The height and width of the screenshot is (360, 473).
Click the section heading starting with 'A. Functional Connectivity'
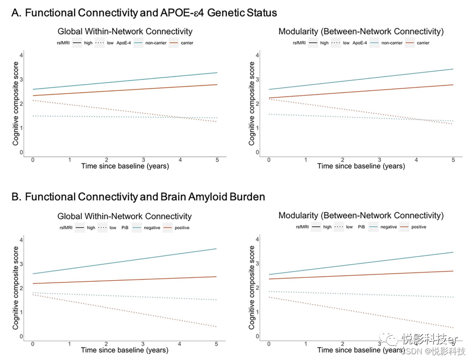coord(144,12)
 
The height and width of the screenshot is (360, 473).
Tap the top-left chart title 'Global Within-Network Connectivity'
coord(125,32)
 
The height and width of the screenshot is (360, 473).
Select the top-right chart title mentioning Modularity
coord(361,32)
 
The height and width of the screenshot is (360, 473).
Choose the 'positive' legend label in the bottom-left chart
coord(182,228)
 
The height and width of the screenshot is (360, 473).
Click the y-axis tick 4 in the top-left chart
coord(21,55)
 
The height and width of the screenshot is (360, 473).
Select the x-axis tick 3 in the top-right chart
coord(379,160)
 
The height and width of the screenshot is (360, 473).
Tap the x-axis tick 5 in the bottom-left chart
coord(216,344)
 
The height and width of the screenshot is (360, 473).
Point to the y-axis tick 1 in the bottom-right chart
coord(257,312)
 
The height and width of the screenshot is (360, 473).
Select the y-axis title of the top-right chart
coord(252,104)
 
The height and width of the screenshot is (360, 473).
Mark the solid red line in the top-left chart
coord(124,90)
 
